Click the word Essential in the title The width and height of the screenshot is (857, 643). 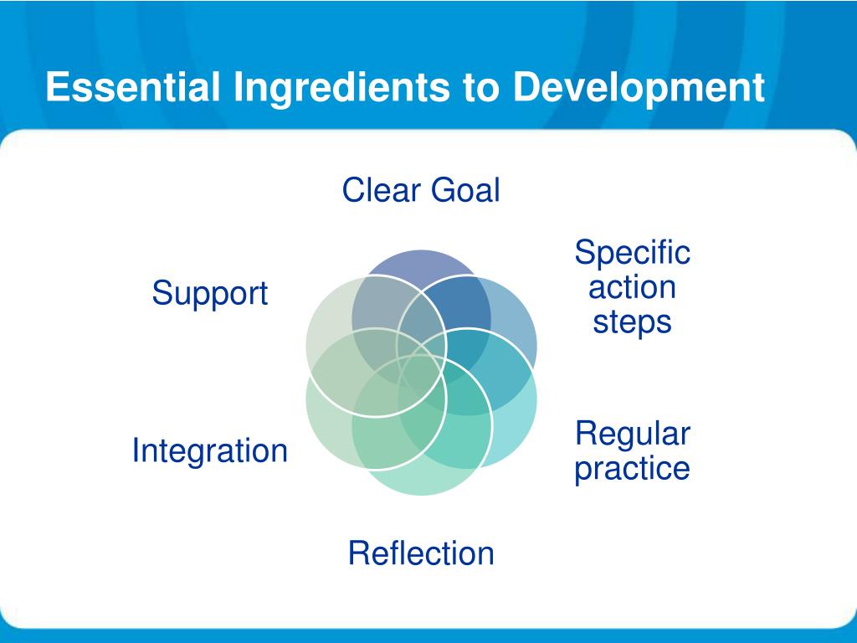pos(133,87)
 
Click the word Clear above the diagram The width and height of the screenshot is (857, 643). pos(382,190)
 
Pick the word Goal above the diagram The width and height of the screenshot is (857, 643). pos(465,190)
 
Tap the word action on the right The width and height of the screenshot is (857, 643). pos(633,288)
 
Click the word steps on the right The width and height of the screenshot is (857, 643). pos(633,322)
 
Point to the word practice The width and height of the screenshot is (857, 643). pos(633,469)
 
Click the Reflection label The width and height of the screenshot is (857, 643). pos(421,553)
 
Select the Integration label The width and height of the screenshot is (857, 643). pos(210,452)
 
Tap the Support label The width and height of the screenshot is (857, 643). pos(210,294)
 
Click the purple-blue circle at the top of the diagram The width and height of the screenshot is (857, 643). pos(422,261)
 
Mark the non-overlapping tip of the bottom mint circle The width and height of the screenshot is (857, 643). pos(422,484)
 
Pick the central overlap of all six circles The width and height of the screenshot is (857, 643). pos(422,373)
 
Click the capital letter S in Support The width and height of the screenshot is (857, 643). pos(162,292)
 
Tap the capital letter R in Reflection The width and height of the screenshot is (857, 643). pos(360,553)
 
